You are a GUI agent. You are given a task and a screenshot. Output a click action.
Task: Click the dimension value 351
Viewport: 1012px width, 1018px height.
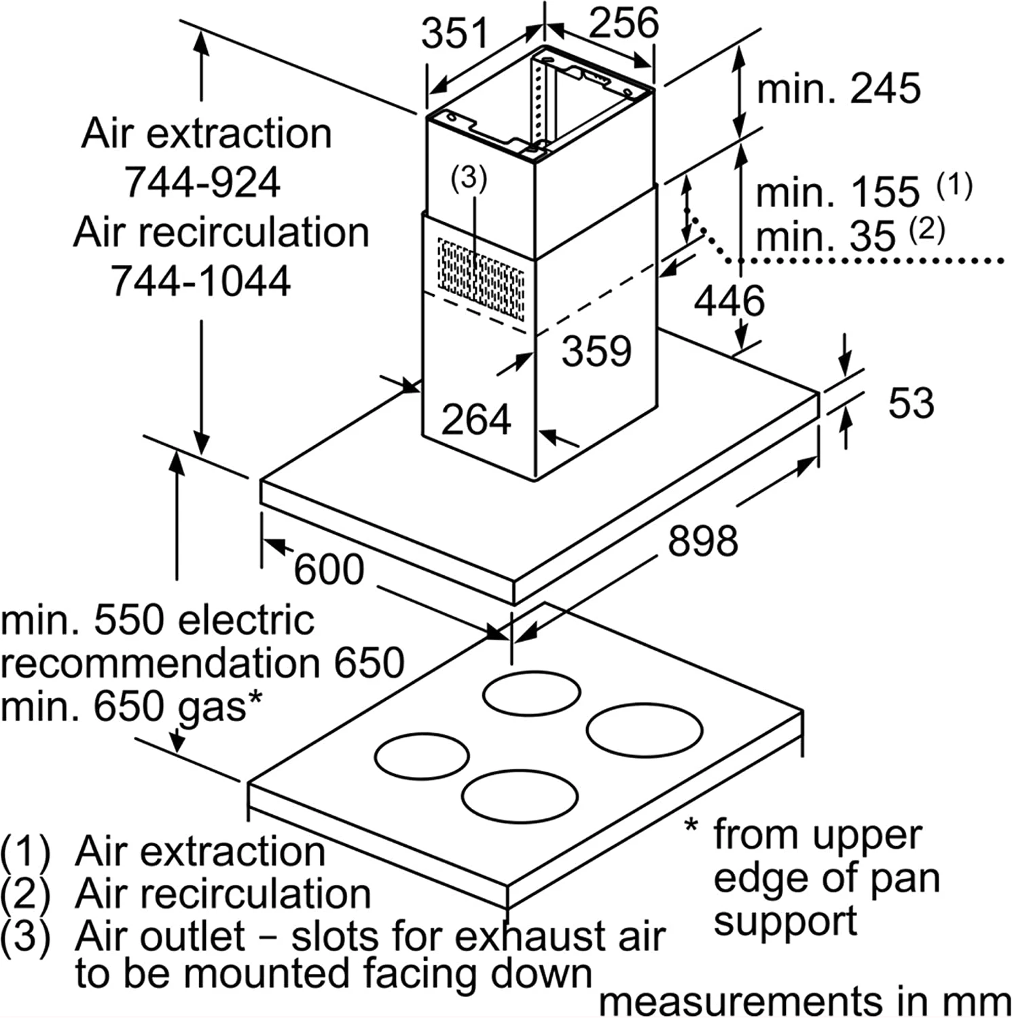[x=454, y=33]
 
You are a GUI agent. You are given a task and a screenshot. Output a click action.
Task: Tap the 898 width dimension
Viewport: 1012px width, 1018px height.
[x=702, y=541]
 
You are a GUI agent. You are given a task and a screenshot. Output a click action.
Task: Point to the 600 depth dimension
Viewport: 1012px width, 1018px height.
[x=329, y=568]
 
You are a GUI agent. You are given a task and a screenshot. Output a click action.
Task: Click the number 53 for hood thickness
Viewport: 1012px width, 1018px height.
[x=911, y=403]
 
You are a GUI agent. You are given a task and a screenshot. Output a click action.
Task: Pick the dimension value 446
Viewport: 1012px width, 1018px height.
[x=729, y=300]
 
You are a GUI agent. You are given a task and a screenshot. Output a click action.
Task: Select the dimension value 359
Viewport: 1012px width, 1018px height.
[x=596, y=351]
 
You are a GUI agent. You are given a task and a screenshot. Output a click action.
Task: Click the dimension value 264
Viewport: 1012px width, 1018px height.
[x=475, y=419]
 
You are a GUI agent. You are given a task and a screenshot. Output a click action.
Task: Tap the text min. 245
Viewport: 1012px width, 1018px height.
[x=838, y=88]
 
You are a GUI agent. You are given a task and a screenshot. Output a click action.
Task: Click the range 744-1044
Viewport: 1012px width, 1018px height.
[x=201, y=280]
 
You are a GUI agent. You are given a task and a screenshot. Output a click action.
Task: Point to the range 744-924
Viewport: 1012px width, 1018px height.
[x=202, y=182]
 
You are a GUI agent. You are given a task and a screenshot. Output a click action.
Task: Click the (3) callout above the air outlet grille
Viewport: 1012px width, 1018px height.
[x=469, y=179]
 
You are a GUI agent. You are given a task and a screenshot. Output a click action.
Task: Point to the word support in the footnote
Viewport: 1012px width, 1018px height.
[x=785, y=922]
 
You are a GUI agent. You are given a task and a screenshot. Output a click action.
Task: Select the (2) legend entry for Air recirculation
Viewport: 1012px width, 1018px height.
[x=24, y=894]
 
